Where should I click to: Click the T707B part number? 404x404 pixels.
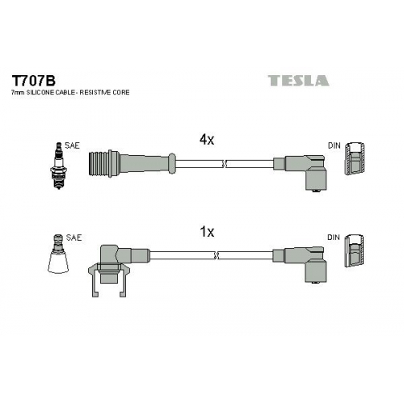tap(33, 80)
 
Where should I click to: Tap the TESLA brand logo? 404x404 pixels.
tap(298, 80)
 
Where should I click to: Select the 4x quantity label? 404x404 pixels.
tap(207, 140)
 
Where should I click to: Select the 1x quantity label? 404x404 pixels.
tap(207, 231)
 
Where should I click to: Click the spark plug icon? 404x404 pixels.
tap(58, 166)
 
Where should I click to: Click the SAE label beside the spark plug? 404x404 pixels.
tap(72, 145)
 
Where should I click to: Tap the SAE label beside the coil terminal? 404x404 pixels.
tap(74, 238)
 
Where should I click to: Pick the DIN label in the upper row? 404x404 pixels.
tap(335, 145)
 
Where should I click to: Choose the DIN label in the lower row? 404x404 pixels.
tap(334, 238)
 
